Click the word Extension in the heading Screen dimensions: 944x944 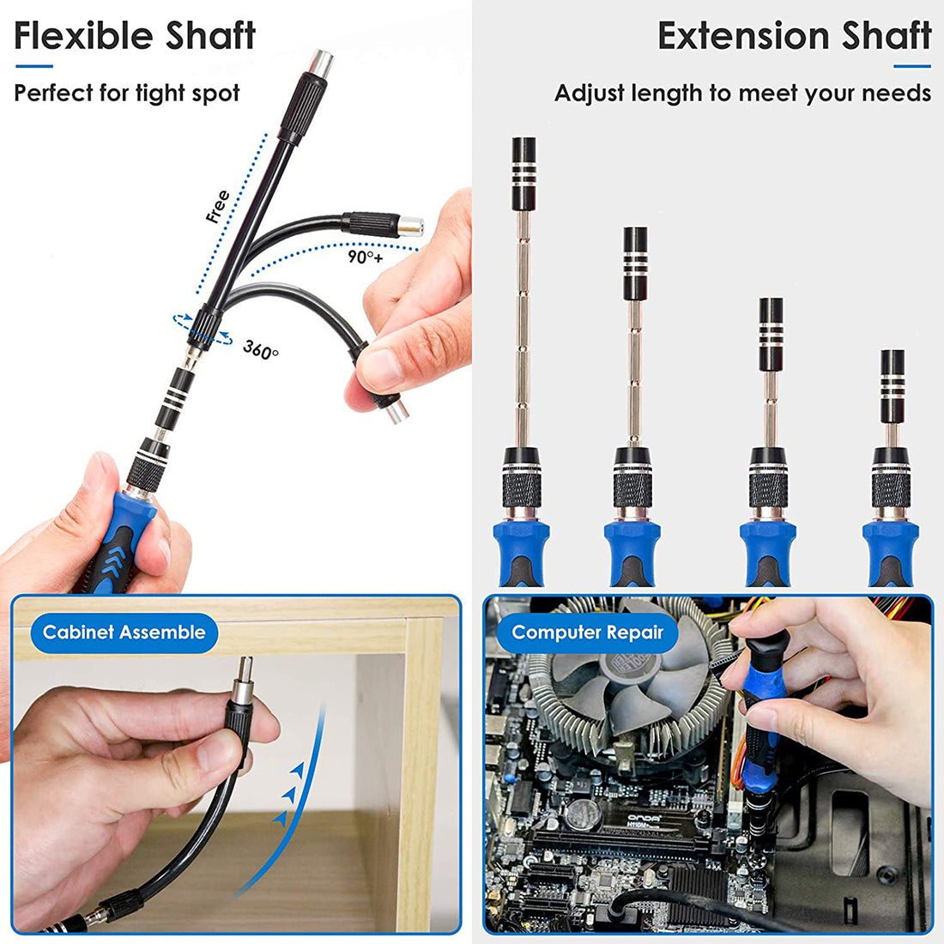[741, 36]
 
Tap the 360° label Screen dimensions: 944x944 [260, 349]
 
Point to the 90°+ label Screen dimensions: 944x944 [365, 256]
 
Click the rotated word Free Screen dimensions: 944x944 [218, 207]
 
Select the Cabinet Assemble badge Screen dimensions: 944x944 [124, 633]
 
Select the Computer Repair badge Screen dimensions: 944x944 [587, 633]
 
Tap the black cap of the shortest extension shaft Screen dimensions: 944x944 [893, 374]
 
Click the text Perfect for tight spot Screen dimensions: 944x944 [127, 93]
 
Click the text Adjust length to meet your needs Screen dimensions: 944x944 [742, 93]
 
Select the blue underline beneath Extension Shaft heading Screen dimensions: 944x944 [911, 66]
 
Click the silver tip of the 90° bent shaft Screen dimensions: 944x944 [411, 226]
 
